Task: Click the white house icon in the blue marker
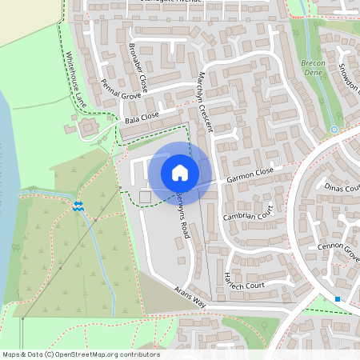pos(180,172)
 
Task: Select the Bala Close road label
pos(142,118)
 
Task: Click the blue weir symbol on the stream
pos(78,206)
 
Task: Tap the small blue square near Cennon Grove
pos(338,299)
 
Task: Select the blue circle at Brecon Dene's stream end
pos(334,129)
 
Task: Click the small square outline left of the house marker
pos(145,197)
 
